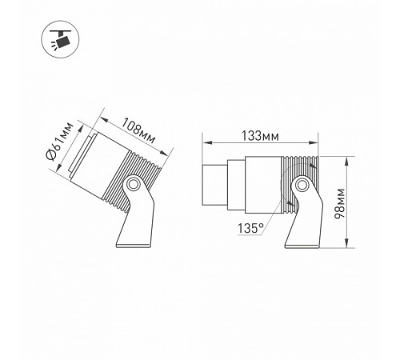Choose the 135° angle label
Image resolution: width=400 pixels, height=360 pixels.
coord(250,228)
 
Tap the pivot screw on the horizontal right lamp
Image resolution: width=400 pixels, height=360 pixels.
coord(302,187)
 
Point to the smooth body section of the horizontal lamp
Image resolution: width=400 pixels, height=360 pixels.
coord(264,180)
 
